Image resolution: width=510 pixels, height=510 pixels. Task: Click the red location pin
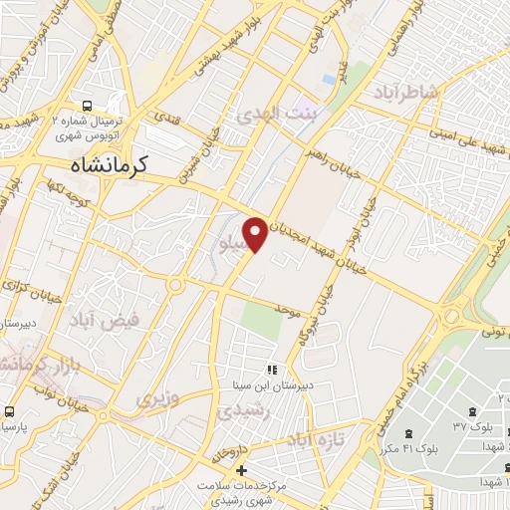click(256, 233)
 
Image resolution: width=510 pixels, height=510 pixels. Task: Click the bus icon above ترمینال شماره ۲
click(88, 105)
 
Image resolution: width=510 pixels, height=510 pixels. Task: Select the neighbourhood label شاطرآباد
click(405, 93)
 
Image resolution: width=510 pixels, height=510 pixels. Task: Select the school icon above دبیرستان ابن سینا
click(272, 370)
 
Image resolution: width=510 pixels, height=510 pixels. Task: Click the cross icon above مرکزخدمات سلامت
click(240, 469)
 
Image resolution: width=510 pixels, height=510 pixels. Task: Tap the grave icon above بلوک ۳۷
click(469, 411)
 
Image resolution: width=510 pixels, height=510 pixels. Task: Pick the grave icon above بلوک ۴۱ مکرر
click(410, 433)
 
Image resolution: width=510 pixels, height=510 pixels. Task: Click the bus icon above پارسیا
click(8, 411)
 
